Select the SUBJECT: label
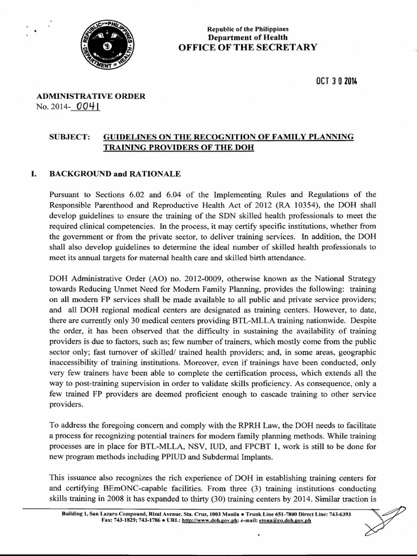69,137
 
